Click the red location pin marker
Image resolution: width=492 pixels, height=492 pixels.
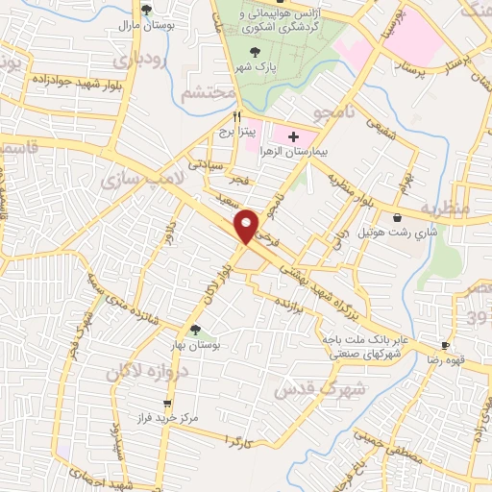click(x=248, y=225)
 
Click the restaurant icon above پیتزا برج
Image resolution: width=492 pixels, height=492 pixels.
click(x=225, y=114)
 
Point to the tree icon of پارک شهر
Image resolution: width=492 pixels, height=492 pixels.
click(x=255, y=52)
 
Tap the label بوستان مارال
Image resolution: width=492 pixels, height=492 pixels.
click(x=146, y=26)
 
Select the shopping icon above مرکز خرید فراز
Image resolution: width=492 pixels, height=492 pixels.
click(x=167, y=404)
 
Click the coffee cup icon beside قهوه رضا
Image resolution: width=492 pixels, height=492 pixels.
click(x=445, y=345)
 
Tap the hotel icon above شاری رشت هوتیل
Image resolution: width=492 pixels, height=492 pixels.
click(x=398, y=217)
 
